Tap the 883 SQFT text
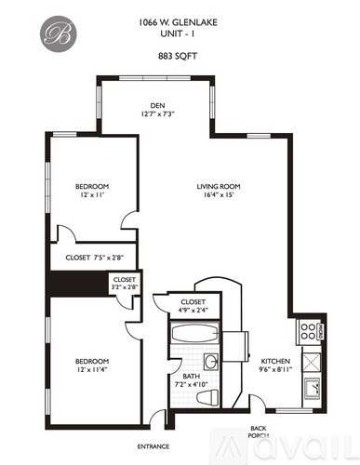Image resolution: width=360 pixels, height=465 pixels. (x=180, y=54)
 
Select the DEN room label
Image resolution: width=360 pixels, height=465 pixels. (x=157, y=105)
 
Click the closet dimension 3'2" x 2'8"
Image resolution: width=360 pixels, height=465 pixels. (x=125, y=288)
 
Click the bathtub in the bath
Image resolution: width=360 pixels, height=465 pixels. (x=194, y=334)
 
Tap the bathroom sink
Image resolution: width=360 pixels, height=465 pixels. (x=211, y=361)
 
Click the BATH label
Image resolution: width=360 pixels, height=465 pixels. (x=192, y=376)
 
